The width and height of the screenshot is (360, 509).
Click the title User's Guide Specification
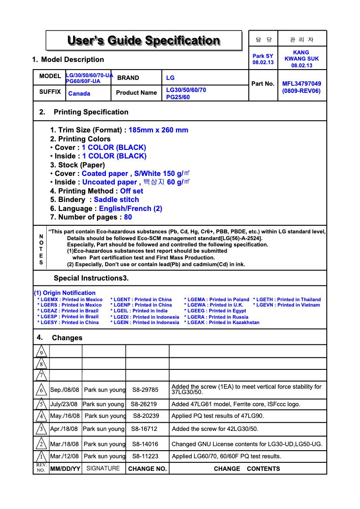coord(144,41)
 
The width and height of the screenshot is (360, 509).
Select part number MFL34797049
coord(302,83)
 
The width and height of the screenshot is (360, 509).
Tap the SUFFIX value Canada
coord(79,93)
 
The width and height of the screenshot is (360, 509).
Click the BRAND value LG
coord(171,78)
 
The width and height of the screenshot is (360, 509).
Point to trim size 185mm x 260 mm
coord(158,130)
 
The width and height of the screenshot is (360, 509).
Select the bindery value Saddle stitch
coord(116,200)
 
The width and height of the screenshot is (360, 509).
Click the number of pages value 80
coord(128,217)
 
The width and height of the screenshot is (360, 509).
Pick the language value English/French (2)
coord(131,209)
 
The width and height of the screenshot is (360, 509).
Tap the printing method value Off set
coord(132,191)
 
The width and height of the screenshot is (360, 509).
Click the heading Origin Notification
coord(65,293)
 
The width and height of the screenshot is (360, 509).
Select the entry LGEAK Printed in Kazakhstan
coord(222,322)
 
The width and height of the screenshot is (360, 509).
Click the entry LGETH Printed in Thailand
coord(287,299)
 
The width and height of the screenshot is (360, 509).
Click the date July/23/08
coord(64,404)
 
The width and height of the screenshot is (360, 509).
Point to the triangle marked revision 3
coord(41,430)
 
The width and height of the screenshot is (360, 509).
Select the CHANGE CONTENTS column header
coord(247,469)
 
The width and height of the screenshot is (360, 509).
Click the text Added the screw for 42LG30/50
coord(215,429)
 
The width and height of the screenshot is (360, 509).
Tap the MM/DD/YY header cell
coord(65,469)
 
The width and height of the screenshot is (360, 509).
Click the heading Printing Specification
coord(91,112)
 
